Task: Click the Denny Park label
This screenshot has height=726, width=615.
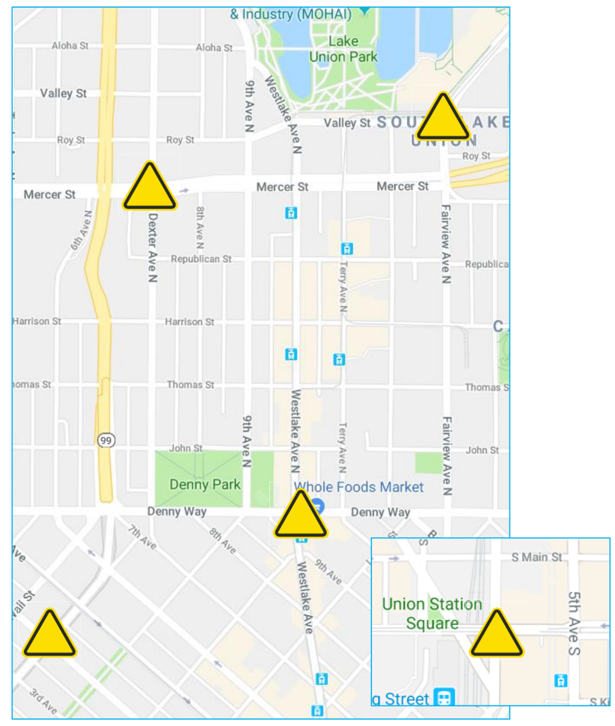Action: click(x=205, y=484)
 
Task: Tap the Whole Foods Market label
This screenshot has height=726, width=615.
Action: click(x=359, y=487)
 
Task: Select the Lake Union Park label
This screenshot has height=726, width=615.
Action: click(x=343, y=49)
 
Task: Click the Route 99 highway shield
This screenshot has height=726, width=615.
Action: click(x=106, y=440)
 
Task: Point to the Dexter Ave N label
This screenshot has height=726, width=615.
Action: click(x=153, y=247)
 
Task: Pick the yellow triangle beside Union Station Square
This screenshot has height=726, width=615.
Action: click(x=496, y=635)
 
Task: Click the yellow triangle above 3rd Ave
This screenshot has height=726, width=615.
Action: click(x=49, y=635)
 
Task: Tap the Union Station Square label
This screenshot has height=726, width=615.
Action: click(x=432, y=613)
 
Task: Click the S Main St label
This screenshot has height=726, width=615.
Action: click(x=536, y=557)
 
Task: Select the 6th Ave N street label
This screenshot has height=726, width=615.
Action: click(x=81, y=230)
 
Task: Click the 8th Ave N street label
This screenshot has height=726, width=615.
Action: click(x=200, y=228)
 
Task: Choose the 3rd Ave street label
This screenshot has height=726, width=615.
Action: click(x=43, y=701)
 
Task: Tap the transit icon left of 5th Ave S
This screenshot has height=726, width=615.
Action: click(x=560, y=680)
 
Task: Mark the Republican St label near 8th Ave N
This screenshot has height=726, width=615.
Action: click(x=201, y=259)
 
